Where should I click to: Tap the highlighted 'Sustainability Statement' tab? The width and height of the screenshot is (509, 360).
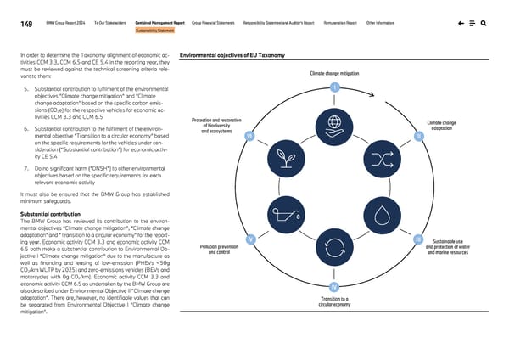(154, 31)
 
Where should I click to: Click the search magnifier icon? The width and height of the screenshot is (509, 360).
(484, 24)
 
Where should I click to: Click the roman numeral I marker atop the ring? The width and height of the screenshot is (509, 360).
(335, 88)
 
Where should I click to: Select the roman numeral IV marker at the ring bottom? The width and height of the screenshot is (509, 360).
(335, 285)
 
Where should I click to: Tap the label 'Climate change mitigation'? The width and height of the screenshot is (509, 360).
(335, 74)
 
